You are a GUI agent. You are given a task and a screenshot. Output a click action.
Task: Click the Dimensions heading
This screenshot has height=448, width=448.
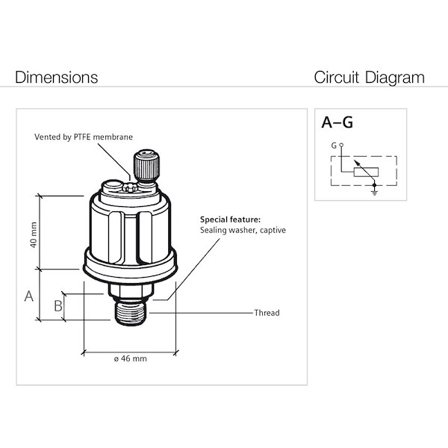(56, 78)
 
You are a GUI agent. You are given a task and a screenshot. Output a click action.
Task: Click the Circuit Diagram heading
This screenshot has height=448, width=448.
(369, 78)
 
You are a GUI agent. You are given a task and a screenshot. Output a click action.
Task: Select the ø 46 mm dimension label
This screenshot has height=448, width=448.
(130, 358)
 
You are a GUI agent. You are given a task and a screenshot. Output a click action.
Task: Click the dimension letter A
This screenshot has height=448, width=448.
(29, 296)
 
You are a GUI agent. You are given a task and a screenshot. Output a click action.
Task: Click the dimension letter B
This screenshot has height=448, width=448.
(57, 305)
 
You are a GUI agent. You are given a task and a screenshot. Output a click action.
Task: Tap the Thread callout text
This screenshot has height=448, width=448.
(267, 313)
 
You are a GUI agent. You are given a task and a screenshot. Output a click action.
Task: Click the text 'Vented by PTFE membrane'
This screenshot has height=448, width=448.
(82, 137)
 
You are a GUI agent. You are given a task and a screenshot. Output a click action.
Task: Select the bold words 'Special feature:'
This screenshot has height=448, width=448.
(230, 220)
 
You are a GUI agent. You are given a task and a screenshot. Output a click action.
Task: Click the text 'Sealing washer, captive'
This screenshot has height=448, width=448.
(243, 230)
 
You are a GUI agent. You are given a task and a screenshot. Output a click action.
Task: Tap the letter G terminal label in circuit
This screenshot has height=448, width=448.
(334, 145)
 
